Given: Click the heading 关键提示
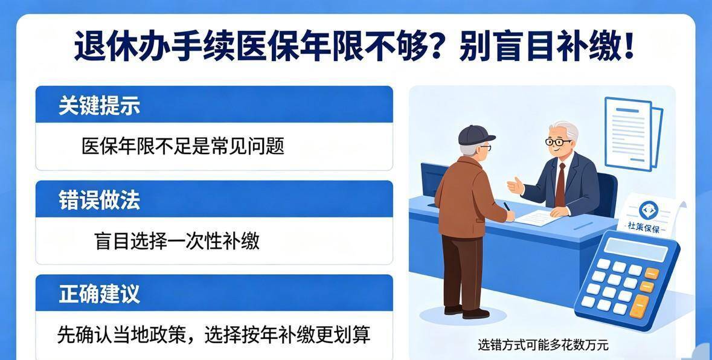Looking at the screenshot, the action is (99, 105).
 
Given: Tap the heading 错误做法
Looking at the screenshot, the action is (99, 200).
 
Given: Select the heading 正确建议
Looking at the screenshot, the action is (99, 294).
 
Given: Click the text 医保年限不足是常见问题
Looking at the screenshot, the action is (182, 146).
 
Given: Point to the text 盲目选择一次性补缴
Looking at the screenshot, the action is (177, 240).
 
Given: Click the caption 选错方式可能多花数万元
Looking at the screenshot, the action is (543, 345).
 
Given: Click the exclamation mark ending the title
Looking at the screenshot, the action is (629, 46).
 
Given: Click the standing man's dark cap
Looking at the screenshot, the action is (475, 135).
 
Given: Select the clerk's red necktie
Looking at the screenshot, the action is (560, 185).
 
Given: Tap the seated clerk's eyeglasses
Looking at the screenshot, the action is (558, 141).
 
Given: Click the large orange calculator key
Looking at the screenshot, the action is (639, 306).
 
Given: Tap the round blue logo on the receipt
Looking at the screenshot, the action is (649, 210).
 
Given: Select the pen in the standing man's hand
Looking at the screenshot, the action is (508, 207).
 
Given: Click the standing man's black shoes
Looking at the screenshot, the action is (466, 312).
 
